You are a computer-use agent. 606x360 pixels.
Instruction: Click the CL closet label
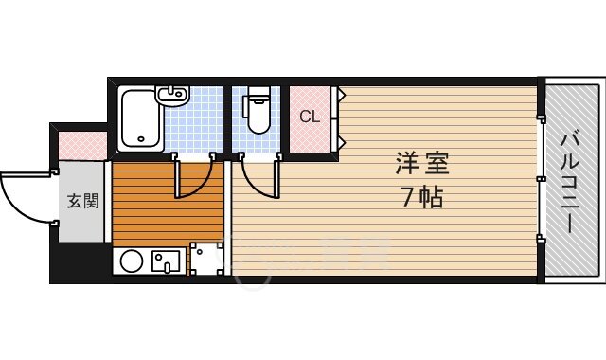tap(310, 116)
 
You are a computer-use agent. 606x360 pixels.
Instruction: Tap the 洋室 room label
tap(422, 163)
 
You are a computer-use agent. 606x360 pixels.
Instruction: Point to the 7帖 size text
tap(422, 197)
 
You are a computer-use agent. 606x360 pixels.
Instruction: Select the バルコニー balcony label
tap(571, 183)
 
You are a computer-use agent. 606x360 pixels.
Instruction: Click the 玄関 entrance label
tap(82, 201)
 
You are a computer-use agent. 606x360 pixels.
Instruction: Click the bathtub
tap(139, 119)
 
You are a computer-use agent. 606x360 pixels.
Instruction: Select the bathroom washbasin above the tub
tap(172, 95)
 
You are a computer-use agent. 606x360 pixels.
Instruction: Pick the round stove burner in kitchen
tap(132, 261)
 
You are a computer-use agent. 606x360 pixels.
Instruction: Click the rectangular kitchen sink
tap(166, 261)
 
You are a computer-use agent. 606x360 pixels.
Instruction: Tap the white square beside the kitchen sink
tap(207, 259)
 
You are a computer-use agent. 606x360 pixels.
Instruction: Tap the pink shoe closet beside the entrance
tap(82, 145)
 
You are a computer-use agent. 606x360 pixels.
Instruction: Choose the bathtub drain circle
tap(141, 139)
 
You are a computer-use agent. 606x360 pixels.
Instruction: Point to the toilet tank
tap(258, 92)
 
